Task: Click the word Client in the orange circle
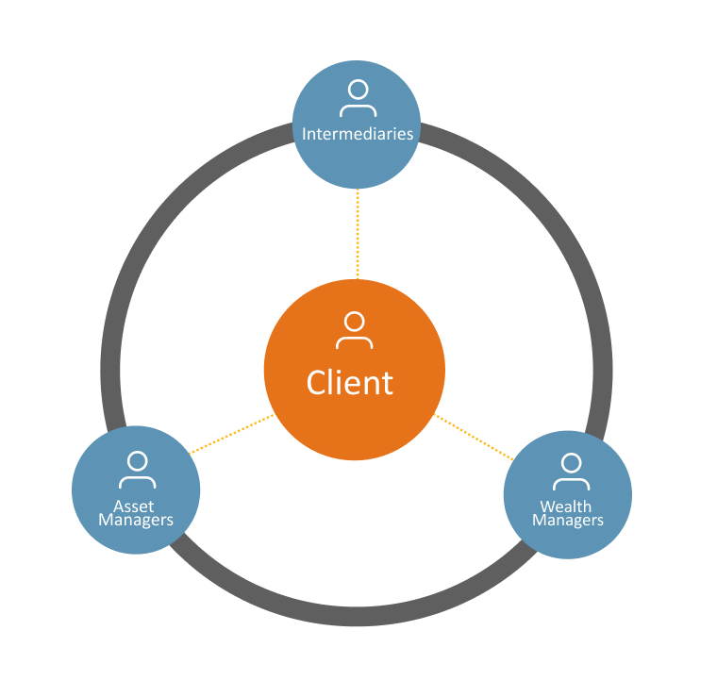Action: pyautogui.click(x=350, y=383)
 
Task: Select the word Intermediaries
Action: pyautogui.click(x=358, y=134)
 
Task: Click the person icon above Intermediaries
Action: pyautogui.click(x=358, y=98)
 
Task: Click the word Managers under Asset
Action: pyautogui.click(x=136, y=520)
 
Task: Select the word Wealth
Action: pyautogui.click(x=566, y=506)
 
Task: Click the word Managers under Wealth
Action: pyautogui.click(x=568, y=520)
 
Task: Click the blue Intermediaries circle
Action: pyautogui.click(x=358, y=160)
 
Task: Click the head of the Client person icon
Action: pyautogui.click(x=354, y=320)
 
